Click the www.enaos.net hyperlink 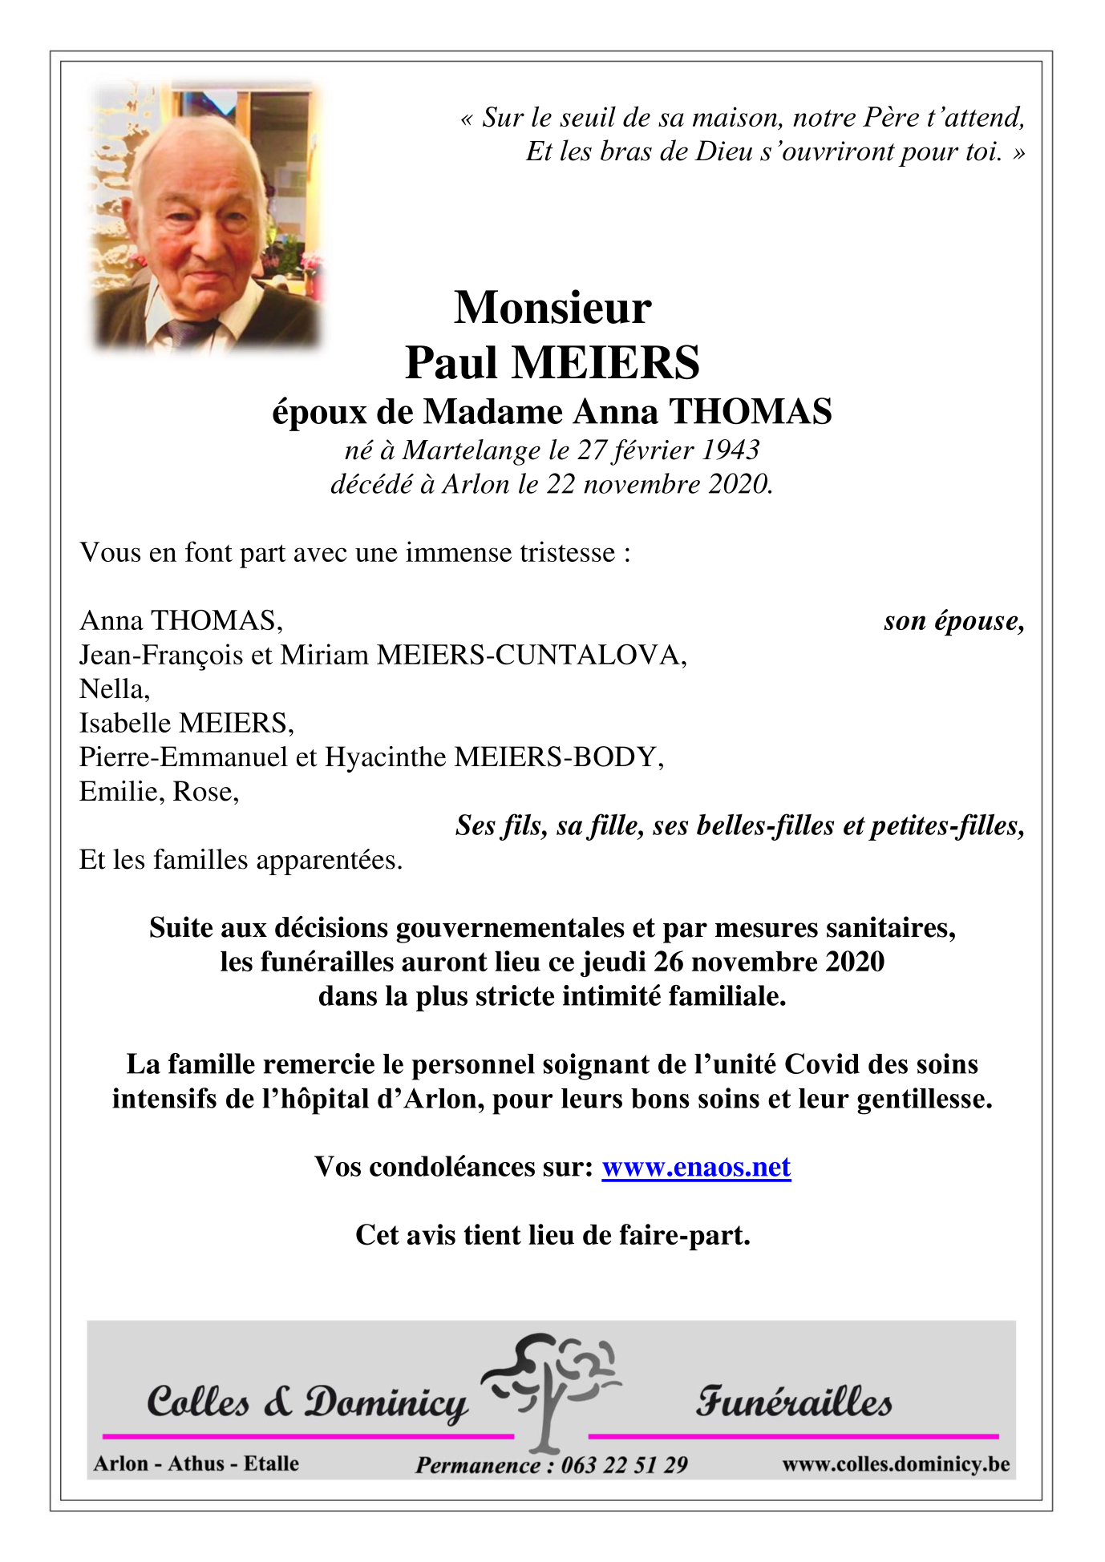(x=696, y=1167)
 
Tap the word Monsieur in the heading (x=552, y=308)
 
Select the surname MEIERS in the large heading (x=605, y=362)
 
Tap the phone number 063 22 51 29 (x=624, y=1465)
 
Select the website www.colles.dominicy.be (x=896, y=1464)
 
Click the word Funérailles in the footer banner (x=793, y=1403)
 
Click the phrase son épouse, (x=953, y=621)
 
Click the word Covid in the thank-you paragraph (x=822, y=1064)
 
